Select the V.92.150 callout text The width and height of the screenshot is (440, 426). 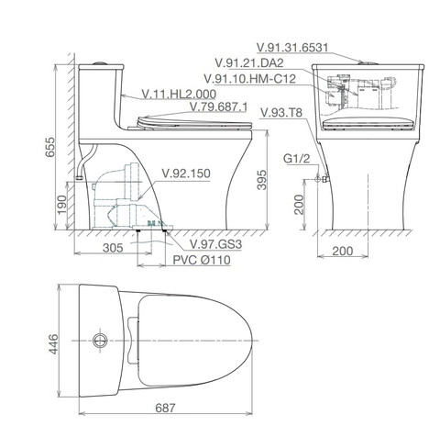(x=185, y=173)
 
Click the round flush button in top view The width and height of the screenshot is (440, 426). (x=98, y=340)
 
